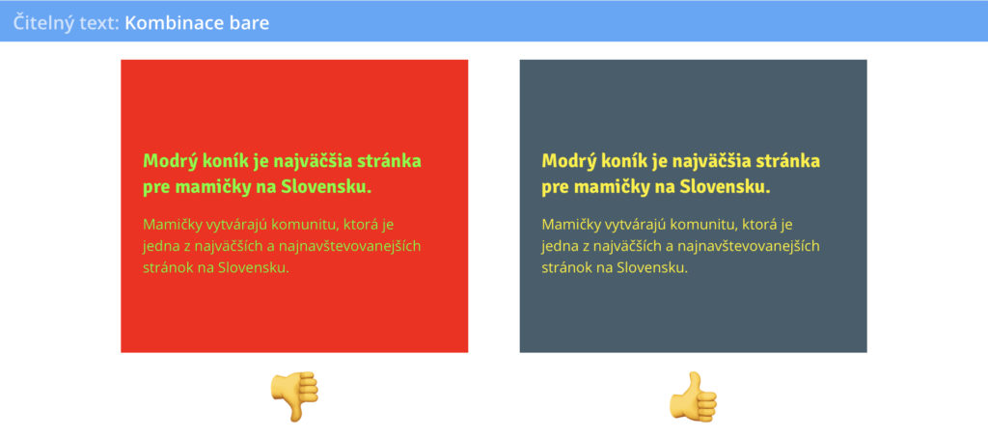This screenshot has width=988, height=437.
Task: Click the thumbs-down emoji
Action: (x=294, y=396)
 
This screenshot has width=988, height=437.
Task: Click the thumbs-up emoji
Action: (x=693, y=396)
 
